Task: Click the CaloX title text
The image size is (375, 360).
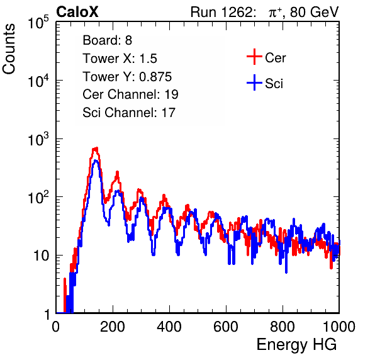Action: [x=77, y=12]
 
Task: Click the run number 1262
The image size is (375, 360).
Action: [x=237, y=12]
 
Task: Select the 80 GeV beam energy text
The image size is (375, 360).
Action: [x=314, y=12]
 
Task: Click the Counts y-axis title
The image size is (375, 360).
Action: [x=9, y=49]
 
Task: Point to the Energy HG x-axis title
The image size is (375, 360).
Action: [x=296, y=345]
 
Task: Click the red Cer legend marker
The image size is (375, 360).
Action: [x=254, y=57]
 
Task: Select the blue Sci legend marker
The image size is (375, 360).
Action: [x=254, y=83]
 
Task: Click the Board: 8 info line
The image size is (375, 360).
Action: [x=107, y=40]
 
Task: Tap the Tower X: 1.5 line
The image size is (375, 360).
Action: [x=120, y=59]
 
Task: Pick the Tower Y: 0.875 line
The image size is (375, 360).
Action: [x=127, y=77]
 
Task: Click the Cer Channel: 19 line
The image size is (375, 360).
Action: [x=130, y=94]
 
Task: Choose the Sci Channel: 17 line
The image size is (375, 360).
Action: [x=129, y=113]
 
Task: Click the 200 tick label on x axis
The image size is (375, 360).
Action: [x=113, y=327]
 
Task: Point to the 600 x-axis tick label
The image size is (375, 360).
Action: [x=226, y=327]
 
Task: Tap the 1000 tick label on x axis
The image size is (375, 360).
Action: [x=339, y=327]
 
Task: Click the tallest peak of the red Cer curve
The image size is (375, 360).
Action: [x=96, y=149]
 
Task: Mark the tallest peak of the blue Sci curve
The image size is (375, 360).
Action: [x=96, y=160]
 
